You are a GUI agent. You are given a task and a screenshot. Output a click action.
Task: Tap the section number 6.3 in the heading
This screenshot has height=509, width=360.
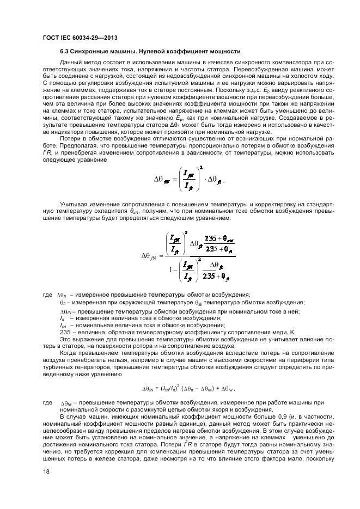click(x=64, y=52)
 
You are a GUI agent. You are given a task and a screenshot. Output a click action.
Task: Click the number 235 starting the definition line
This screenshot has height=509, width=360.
click(x=66, y=332)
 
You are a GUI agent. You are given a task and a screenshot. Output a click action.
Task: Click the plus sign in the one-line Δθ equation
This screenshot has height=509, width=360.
click(x=212, y=389)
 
